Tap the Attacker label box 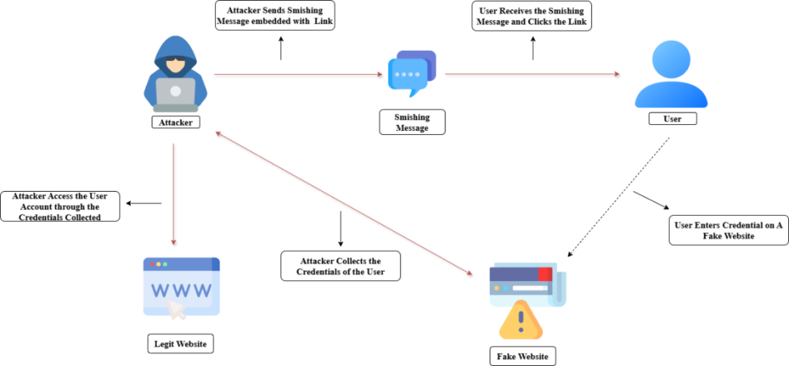(x=175, y=122)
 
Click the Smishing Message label (x=412, y=123)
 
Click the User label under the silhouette (x=671, y=119)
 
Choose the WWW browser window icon (x=182, y=287)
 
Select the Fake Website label (x=522, y=356)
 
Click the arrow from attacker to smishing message (x=297, y=74)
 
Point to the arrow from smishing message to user (x=532, y=74)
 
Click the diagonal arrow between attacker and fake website (x=343, y=203)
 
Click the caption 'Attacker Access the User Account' (x=61, y=207)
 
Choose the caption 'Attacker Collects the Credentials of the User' (x=340, y=266)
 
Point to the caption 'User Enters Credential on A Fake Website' (x=728, y=230)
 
